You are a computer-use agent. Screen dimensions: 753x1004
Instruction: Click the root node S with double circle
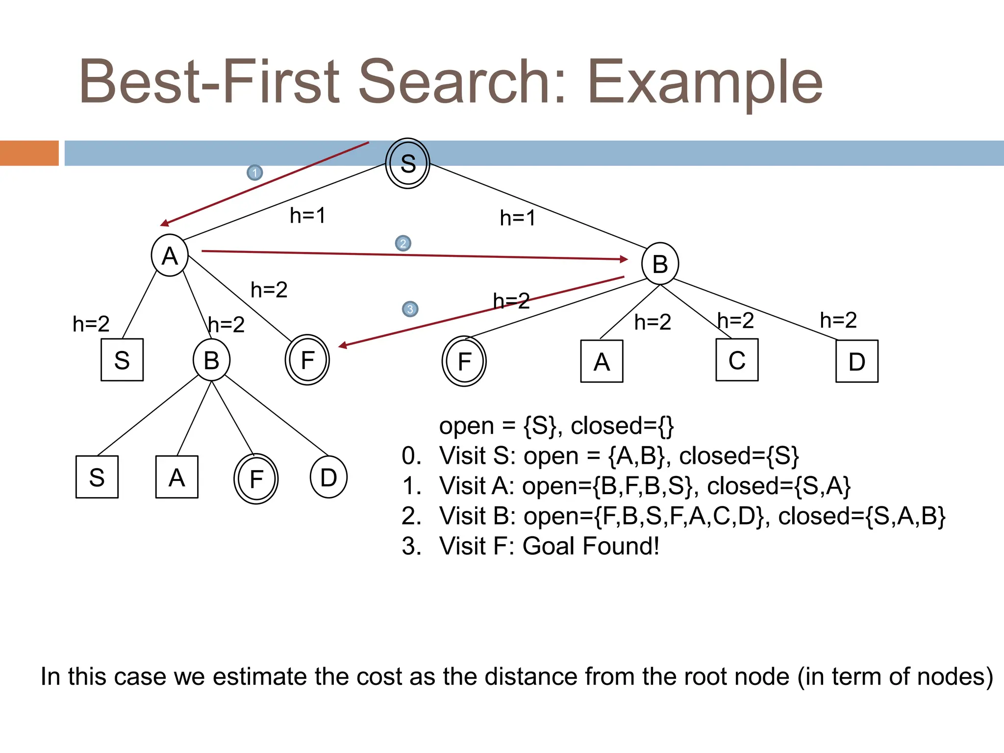point(407,163)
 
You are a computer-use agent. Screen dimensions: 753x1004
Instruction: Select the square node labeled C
point(737,360)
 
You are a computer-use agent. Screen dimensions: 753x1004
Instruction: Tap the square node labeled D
point(856,361)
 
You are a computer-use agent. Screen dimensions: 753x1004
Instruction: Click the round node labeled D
point(328,477)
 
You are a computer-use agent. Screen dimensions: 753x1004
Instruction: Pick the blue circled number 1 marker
point(254,173)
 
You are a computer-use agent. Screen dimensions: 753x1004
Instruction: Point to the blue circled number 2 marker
point(403,243)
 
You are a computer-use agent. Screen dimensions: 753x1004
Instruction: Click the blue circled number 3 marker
point(410,309)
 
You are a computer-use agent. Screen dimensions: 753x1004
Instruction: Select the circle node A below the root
point(170,255)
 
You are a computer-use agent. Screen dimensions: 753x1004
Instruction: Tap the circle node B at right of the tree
point(660,264)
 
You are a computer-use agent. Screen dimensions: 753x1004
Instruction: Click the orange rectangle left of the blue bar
point(29,153)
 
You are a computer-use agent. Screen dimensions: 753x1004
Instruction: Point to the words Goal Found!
point(591,546)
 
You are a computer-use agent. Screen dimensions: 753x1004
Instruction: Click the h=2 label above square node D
point(838,320)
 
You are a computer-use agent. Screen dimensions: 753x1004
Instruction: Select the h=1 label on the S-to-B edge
point(517,218)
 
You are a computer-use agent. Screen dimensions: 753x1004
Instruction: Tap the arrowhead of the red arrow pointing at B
point(624,259)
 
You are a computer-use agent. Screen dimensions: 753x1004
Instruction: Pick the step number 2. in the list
point(411,516)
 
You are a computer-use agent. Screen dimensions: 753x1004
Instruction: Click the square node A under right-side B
point(602,361)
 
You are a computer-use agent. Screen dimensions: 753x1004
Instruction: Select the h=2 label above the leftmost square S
point(91,324)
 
